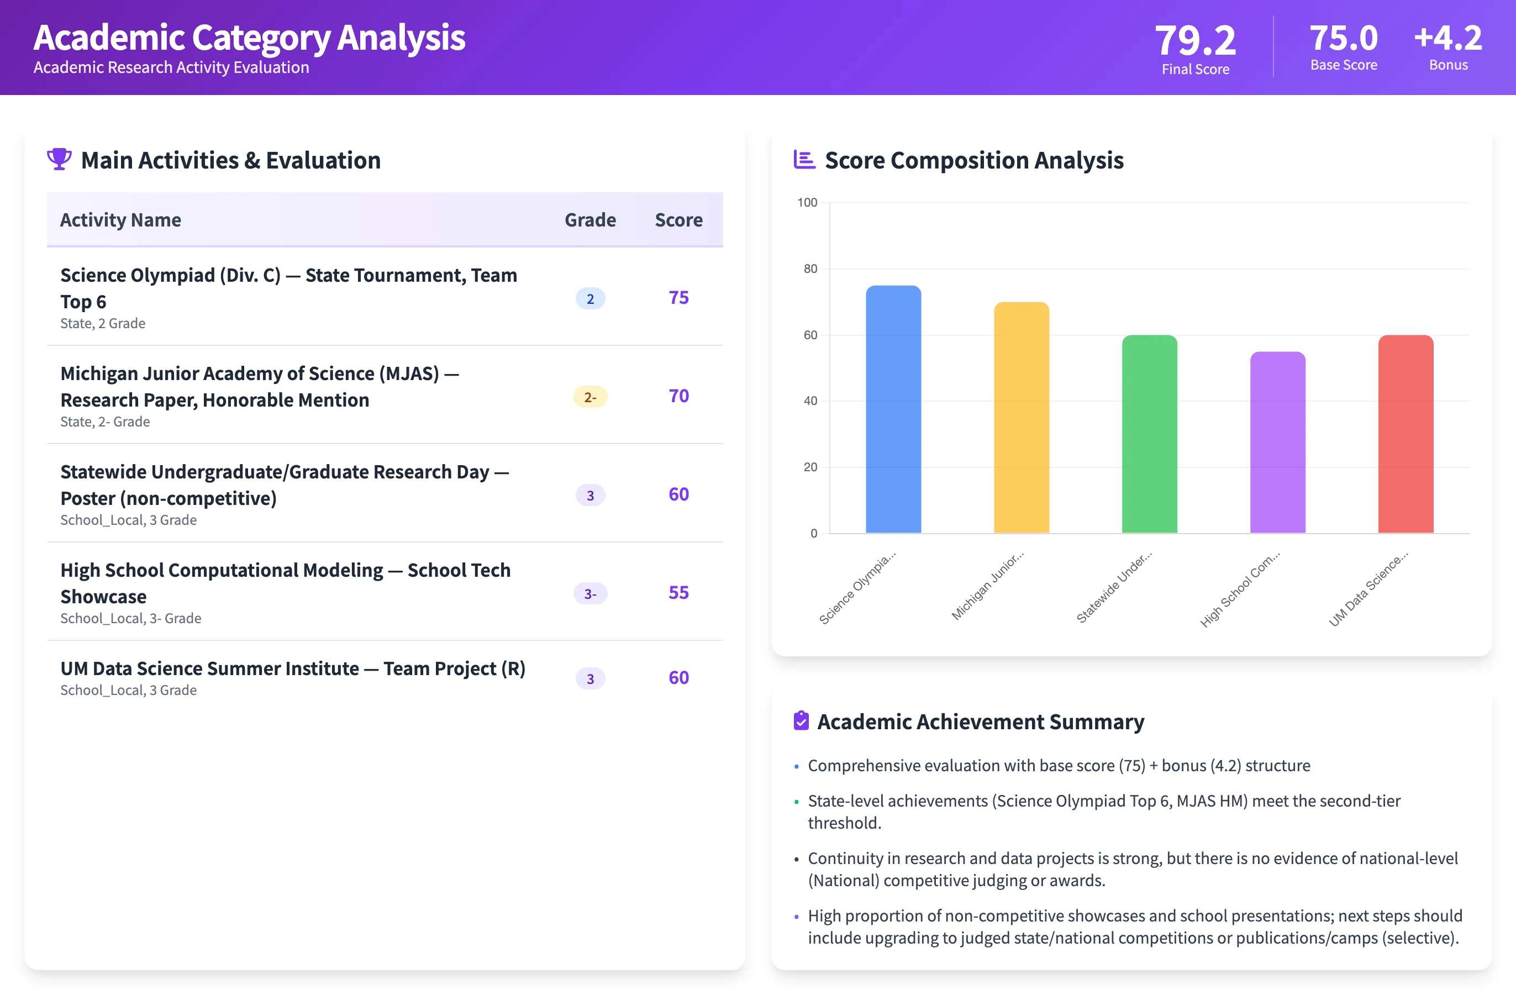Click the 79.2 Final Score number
[x=1195, y=40]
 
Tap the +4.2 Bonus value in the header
[x=1448, y=38]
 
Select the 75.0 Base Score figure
[x=1344, y=38]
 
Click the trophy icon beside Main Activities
[x=59, y=159]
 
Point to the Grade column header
[x=590, y=220]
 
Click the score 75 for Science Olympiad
[x=678, y=298]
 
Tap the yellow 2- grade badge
[x=590, y=397]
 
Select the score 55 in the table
[x=678, y=592]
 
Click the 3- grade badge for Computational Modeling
[x=590, y=594]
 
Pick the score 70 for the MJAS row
[x=678, y=396]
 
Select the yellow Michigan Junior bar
[x=1021, y=417]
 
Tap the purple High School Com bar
[x=1277, y=442]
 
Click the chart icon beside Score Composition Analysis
[x=804, y=159]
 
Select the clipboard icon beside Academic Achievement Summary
[x=801, y=720]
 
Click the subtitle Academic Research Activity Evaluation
[x=171, y=67]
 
